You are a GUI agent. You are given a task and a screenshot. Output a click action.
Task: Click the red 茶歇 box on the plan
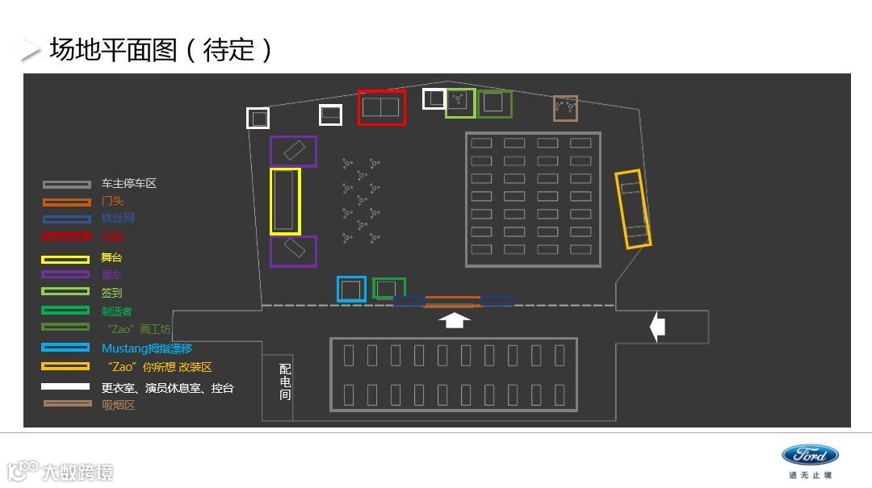point(381,107)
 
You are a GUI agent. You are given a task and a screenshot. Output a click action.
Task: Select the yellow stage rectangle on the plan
point(285,202)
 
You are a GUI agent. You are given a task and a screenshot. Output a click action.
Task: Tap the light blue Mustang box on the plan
point(351,289)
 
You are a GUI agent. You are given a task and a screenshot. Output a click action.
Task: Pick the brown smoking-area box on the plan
point(565,108)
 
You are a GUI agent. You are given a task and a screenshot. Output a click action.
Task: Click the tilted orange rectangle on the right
point(633,209)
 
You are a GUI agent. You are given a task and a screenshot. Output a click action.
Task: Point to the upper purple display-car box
point(293,152)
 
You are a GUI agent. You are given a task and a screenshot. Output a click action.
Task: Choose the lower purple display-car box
point(293,251)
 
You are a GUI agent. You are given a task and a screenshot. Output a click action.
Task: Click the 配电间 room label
point(285,382)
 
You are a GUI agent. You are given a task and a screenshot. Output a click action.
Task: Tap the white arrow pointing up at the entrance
point(455,320)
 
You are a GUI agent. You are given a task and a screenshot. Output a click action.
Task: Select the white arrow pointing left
point(657,327)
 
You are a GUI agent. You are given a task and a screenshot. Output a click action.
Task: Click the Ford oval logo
point(810,455)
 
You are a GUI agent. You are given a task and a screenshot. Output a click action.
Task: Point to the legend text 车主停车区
point(128,184)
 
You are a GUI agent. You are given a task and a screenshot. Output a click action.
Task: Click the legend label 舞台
point(111,257)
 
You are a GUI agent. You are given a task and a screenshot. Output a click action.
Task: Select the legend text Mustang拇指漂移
point(147,348)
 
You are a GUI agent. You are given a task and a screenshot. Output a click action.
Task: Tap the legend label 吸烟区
point(118,405)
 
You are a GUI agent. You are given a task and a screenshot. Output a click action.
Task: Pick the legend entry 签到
point(111,293)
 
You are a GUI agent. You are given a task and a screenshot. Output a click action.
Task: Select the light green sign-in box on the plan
point(459,102)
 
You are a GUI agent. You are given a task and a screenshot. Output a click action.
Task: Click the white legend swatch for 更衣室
point(66,387)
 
